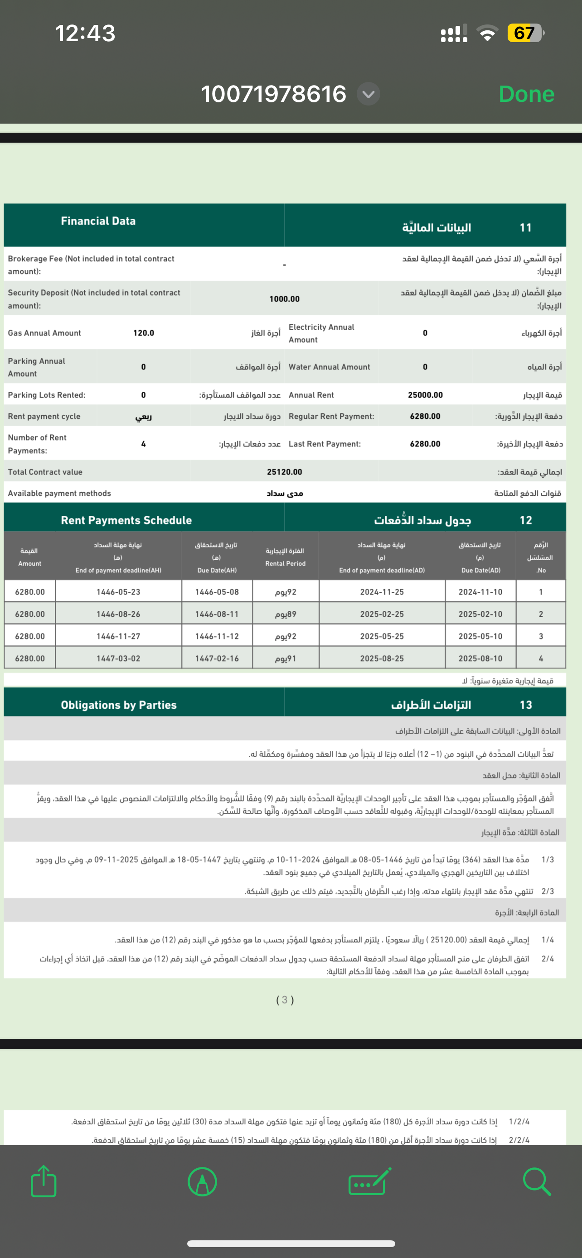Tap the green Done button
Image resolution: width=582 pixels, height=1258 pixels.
click(526, 94)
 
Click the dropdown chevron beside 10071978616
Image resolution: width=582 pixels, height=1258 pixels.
click(369, 94)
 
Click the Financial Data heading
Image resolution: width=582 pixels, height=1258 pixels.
click(98, 221)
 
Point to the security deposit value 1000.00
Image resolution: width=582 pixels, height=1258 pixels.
click(284, 299)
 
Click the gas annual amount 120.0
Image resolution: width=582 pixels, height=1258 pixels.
click(144, 333)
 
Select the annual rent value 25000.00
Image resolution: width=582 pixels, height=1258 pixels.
click(425, 395)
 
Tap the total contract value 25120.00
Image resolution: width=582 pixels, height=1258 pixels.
click(284, 472)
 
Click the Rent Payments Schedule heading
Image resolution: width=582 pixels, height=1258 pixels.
click(126, 520)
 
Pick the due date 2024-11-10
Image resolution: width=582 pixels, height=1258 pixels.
click(480, 592)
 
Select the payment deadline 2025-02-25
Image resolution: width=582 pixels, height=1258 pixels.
click(382, 615)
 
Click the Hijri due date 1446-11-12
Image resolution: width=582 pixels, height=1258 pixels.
click(217, 636)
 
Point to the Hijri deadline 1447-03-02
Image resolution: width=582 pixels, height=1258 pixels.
click(118, 658)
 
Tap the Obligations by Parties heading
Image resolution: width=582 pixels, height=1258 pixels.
click(119, 705)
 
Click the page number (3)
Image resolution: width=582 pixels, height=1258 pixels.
click(285, 1000)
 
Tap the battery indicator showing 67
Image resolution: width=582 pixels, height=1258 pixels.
click(524, 33)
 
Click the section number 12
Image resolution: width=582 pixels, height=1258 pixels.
click(526, 520)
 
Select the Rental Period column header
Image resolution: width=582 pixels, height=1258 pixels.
click(286, 557)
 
